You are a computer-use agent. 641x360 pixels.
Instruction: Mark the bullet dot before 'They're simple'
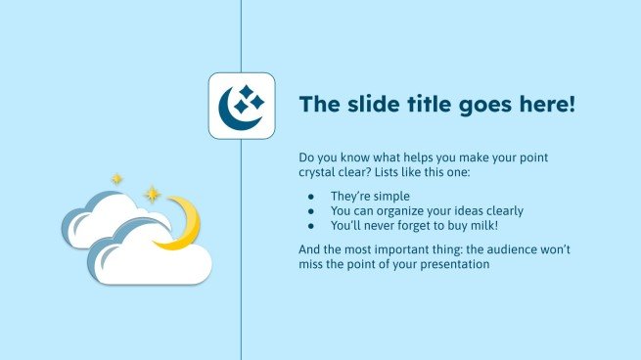(311, 197)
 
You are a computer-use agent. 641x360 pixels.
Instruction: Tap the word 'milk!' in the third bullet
(481, 224)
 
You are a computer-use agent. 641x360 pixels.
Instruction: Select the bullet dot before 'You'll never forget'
(311, 224)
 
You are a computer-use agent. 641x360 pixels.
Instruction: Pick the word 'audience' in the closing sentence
(504, 249)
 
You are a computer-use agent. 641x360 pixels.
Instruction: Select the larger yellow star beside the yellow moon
(153, 194)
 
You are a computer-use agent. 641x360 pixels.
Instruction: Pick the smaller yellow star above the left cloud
(117, 179)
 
